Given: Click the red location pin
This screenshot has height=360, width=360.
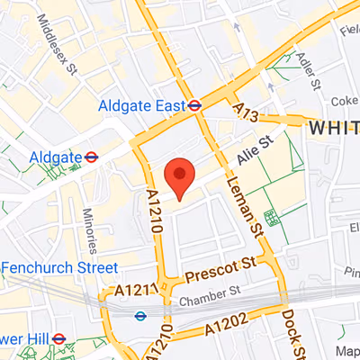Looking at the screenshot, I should [x=181, y=175].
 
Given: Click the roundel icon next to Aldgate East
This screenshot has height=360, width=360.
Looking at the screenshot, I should [x=195, y=103].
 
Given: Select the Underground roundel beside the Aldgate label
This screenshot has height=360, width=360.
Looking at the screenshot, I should [x=91, y=157].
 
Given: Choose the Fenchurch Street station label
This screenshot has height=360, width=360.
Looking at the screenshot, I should [x=59, y=267].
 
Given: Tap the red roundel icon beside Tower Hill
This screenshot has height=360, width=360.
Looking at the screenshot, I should [x=58, y=338].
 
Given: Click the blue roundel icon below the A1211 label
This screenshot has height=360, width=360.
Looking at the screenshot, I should [x=140, y=315].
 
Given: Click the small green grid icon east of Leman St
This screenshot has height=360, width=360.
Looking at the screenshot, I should [x=271, y=217].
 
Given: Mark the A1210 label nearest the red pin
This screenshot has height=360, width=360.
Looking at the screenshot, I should [x=153, y=214].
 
